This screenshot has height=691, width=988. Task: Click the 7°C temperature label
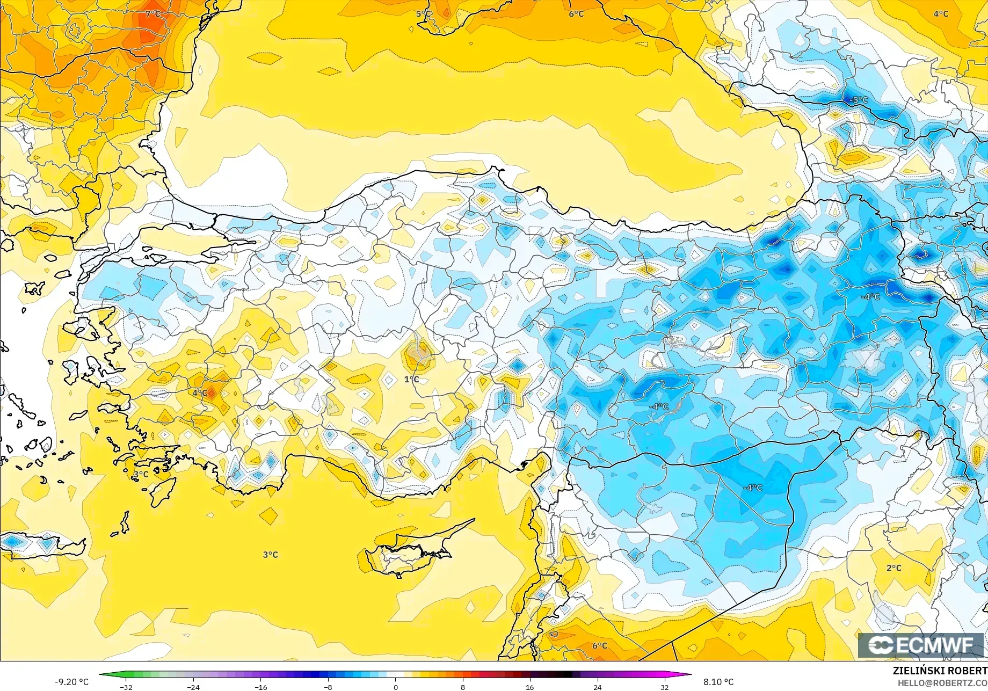[152, 13]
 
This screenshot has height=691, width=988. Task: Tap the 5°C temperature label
[423, 13]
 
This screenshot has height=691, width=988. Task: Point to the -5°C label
[859, 100]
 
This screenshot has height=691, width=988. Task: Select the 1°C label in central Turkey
[411, 380]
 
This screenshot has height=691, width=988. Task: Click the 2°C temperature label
[893, 568]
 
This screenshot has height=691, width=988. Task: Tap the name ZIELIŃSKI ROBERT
[939, 671]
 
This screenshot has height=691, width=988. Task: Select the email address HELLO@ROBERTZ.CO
[942, 682]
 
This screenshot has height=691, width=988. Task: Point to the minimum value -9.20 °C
[71, 682]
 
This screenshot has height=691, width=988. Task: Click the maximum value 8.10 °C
[718, 682]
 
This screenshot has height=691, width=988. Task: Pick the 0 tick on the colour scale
[396, 687]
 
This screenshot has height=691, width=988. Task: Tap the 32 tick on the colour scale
[665, 687]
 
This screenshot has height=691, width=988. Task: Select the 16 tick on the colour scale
[530, 687]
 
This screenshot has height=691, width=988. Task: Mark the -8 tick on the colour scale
[328, 687]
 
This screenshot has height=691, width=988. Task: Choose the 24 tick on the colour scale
[597, 687]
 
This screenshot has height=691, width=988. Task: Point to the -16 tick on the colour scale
[260, 687]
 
